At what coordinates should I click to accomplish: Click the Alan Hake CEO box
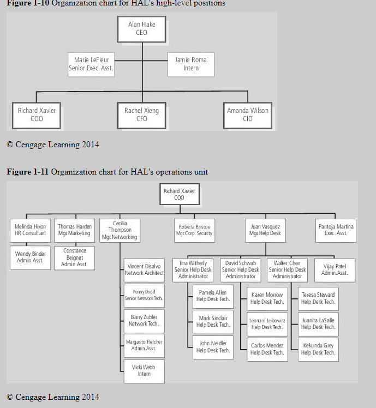(x=141, y=28)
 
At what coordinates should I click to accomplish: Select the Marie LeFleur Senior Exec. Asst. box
(x=91, y=64)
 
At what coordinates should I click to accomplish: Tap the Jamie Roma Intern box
(x=190, y=64)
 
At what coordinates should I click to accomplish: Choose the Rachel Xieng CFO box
(x=141, y=115)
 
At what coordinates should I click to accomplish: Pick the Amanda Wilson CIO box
(x=248, y=115)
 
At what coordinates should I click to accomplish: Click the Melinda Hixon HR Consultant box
(x=31, y=230)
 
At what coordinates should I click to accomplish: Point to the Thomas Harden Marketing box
(x=74, y=230)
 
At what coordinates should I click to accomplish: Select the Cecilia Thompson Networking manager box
(x=120, y=231)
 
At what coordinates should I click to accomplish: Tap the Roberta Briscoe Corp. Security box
(x=194, y=230)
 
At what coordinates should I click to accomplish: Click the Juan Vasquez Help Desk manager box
(x=265, y=230)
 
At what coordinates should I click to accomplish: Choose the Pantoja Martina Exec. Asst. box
(x=336, y=230)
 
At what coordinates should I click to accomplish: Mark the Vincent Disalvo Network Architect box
(x=144, y=269)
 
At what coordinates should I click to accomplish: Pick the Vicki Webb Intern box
(x=144, y=371)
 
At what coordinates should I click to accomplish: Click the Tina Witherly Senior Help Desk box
(x=193, y=270)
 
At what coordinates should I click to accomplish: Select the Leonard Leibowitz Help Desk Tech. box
(x=267, y=324)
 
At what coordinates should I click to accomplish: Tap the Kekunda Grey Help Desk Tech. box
(x=318, y=349)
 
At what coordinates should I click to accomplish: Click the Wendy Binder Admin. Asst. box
(x=31, y=257)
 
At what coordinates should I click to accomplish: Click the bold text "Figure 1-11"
(x=27, y=172)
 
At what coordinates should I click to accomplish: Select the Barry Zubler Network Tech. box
(x=144, y=320)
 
